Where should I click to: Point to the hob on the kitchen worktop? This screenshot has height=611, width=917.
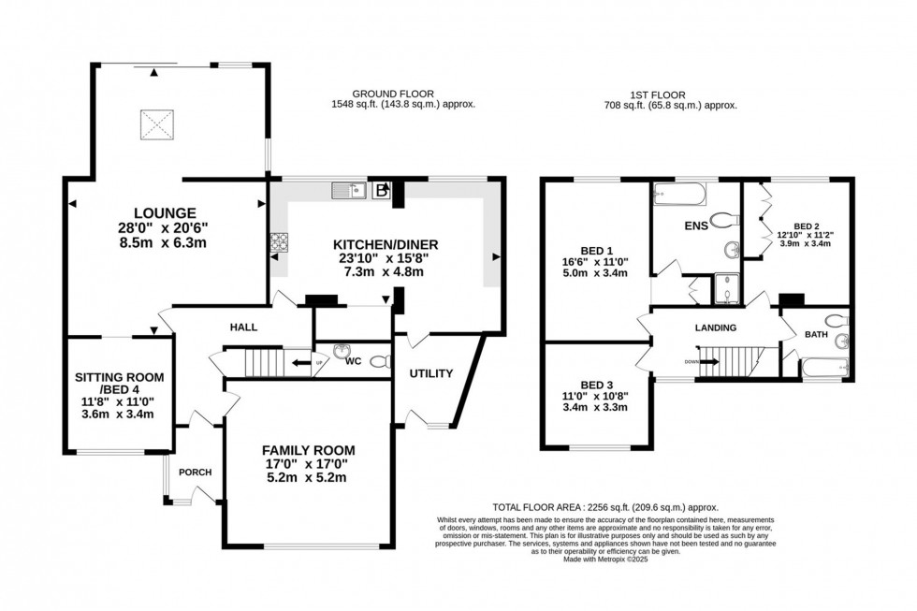point(279,242)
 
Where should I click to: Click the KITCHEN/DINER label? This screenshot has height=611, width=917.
point(386,244)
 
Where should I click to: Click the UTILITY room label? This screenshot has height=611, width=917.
point(430,374)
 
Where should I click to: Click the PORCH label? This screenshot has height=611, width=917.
point(196,471)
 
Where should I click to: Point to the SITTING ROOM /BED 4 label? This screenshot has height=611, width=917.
point(119,384)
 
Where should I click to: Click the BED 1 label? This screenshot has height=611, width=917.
point(596,250)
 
